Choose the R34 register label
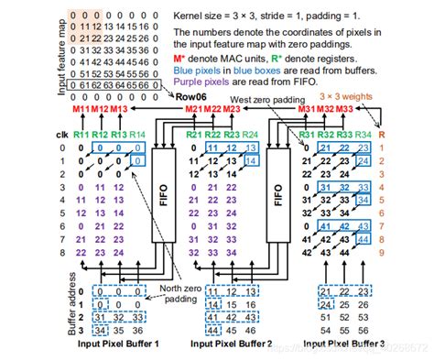point(363,136)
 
